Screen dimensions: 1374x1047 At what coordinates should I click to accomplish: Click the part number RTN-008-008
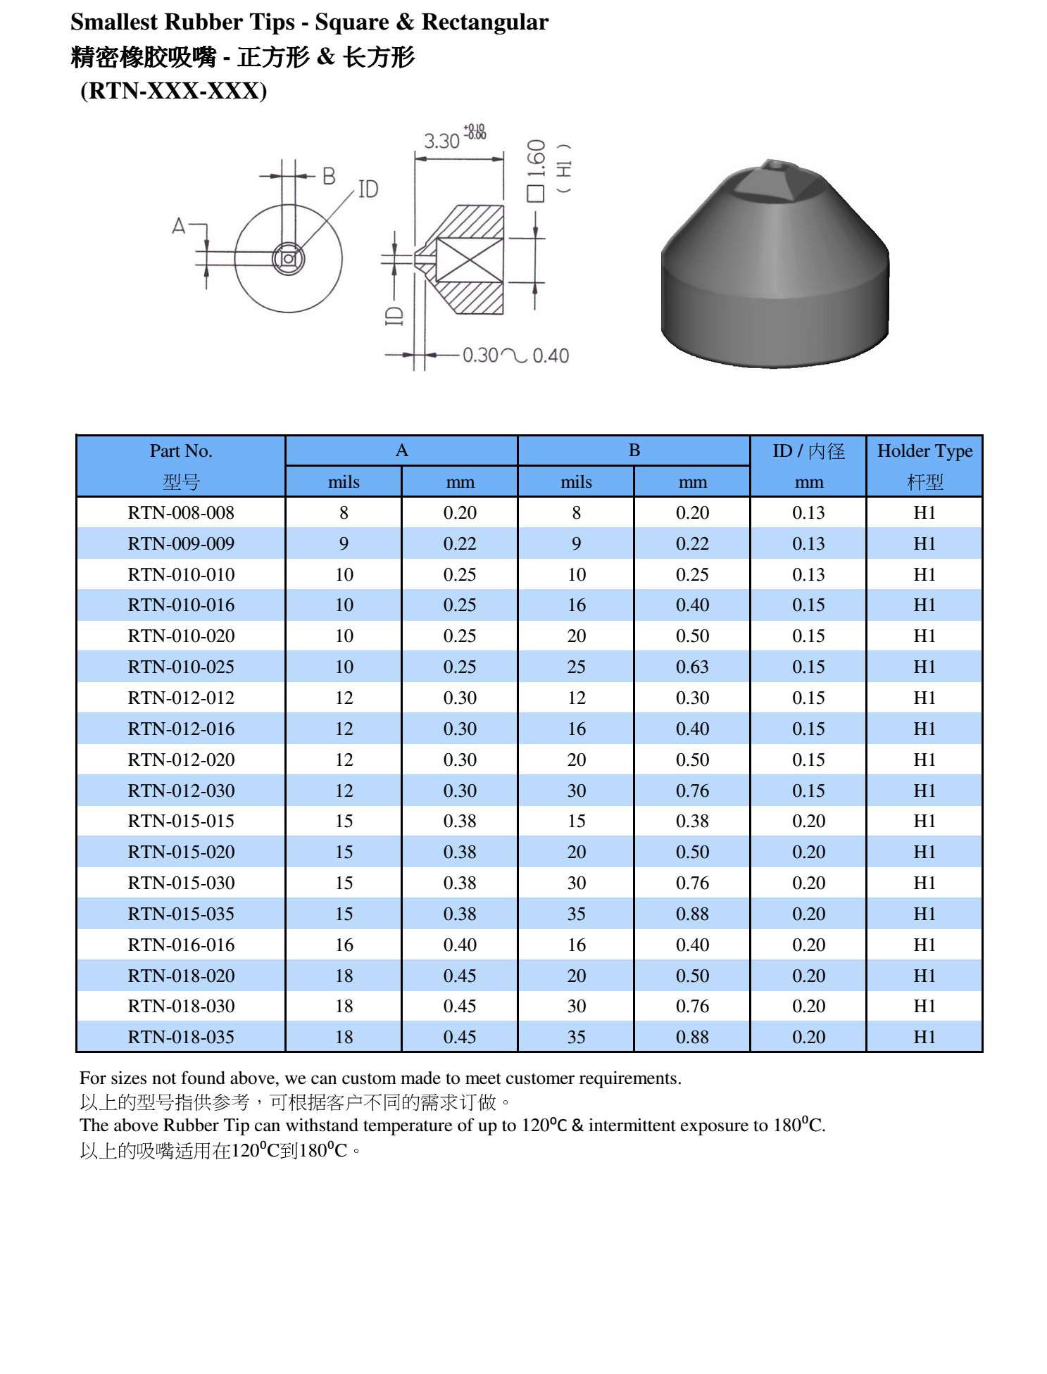181,513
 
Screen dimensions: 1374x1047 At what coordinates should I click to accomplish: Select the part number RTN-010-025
181,667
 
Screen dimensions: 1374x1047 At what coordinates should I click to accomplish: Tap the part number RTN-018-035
181,1038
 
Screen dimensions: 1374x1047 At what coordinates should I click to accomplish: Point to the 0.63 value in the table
692,667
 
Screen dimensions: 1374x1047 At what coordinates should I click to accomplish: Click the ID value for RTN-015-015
808,821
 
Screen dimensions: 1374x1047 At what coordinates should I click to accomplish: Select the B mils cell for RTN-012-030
576,791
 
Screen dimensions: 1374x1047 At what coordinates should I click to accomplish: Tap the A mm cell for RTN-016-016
460,945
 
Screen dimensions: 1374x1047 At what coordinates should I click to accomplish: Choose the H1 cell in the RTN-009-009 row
924,544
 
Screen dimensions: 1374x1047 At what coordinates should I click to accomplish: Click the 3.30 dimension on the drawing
441,141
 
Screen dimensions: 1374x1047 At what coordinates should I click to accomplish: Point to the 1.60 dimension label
537,159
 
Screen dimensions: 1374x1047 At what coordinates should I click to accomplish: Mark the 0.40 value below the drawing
551,356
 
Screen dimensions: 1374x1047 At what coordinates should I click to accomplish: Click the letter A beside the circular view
179,226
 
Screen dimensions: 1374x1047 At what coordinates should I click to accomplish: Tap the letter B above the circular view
329,176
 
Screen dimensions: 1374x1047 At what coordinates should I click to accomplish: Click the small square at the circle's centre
288,258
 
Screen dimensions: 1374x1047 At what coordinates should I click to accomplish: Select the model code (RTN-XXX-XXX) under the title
173,91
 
